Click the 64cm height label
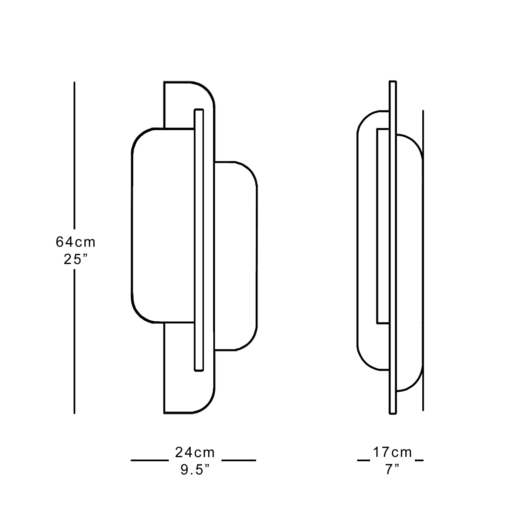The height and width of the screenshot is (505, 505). pos(75,242)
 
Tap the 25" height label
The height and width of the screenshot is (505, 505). pos(75,259)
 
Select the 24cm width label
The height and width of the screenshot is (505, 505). pos(195,453)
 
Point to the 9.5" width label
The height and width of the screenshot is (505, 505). pos(195,470)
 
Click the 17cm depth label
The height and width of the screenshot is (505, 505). pos(392,452)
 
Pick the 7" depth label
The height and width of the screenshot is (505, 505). pos(392,470)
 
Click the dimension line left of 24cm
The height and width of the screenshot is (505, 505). pos(150,460)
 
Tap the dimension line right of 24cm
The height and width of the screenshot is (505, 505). pos(239,460)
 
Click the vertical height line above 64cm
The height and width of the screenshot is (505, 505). pos(74,155)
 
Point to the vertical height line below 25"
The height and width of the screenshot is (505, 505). pos(74,341)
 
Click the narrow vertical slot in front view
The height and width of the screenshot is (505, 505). pos(199,240)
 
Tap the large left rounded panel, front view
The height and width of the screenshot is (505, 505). pos(163,226)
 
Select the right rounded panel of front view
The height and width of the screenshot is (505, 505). pos(236,256)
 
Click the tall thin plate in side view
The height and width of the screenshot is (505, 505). pos(393,246)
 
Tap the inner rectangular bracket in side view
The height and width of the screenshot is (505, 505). pos(378,226)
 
